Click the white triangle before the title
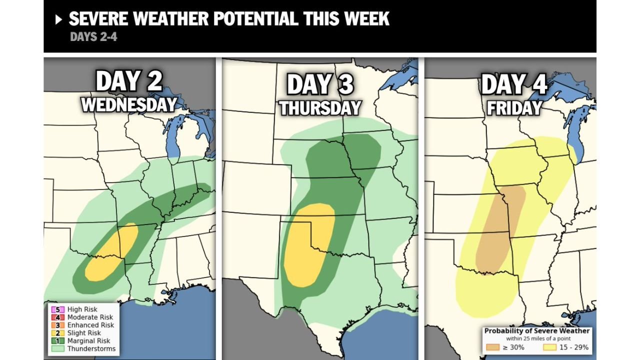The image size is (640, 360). pos(59,20)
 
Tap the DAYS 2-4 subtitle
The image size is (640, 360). pos(93,37)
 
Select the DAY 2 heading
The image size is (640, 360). pos(129,81)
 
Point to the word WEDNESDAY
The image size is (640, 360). pos(129,104)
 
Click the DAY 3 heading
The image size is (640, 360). pos(320,84)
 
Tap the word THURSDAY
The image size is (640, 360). pos(320,107)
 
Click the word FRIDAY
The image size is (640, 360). pos(513,107)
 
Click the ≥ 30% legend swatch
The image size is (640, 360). pos(492,347)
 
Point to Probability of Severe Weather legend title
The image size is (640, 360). pos(536,331)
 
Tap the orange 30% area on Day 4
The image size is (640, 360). pos(500,230)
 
